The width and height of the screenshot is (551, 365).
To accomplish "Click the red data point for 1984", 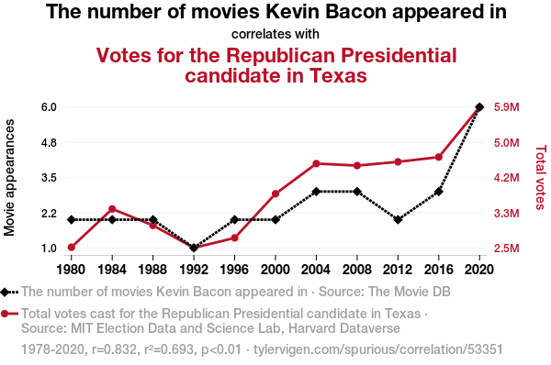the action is pyautogui.click(x=112, y=209).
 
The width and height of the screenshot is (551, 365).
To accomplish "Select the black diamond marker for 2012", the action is pyautogui.click(x=398, y=220).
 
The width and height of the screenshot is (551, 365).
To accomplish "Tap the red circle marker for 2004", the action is pyautogui.click(x=316, y=163).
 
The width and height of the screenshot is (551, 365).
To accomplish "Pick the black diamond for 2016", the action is pyautogui.click(x=439, y=192).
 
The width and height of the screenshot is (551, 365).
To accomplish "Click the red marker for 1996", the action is pyautogui.click(x=235, y=238).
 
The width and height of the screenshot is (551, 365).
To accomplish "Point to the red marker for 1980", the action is pyautogui.click(x=72, y=248).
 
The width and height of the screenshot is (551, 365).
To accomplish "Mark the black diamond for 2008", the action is pyautogui.click(x=357, y=192).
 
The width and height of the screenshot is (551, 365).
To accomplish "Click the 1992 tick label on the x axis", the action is pyautogui.click(x=194, y=270).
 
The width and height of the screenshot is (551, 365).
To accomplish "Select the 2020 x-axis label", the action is pyautogui.click(x=479, y=270).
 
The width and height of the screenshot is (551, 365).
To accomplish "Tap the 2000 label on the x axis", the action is pyautogui.click(x=275, y=270).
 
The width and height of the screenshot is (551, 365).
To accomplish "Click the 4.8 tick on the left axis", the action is pyautogui.click(x=49, y=143).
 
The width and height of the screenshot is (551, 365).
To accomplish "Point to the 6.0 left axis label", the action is pyautogui.click(x=49, y=107).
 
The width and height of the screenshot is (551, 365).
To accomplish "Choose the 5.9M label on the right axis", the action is pyautogui.click(x=506, y=107).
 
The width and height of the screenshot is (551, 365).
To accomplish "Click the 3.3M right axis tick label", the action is pyautogui.click(x=506, y=214).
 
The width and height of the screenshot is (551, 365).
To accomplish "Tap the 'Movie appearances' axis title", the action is pyautogui.click(x=9, y=178).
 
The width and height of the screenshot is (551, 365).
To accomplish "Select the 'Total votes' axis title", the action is pyautogui.click(x=541, y=178).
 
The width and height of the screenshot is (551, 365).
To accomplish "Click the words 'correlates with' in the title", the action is pyautogui.click(x=275, y=35).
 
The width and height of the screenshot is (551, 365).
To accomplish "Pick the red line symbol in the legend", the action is pyautogui.click(x=9, y=314).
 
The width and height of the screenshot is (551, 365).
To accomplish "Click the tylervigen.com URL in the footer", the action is pyautogui.click(x=378, y=349).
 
